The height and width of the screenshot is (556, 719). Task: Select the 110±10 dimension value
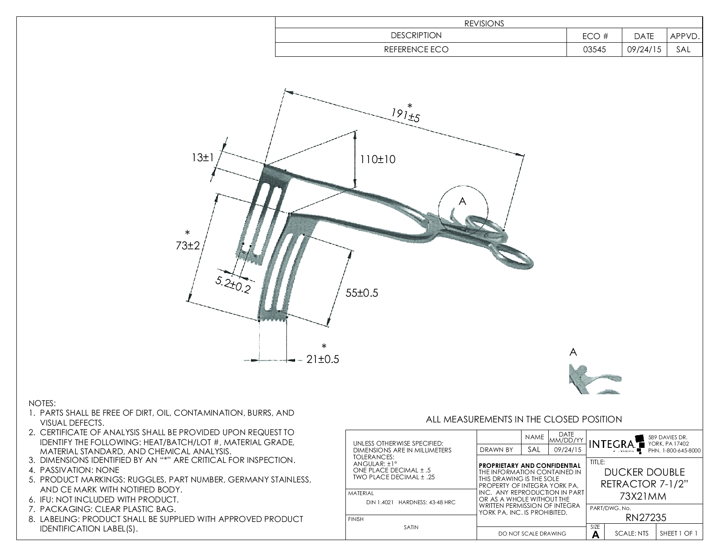[378, 159]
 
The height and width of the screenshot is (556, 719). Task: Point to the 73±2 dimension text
[188, 246]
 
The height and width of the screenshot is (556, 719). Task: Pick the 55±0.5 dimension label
[362, 293]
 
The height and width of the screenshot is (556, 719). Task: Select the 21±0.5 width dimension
[323, 359]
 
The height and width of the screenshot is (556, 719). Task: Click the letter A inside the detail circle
[462, 201]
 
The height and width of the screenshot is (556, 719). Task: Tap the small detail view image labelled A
[595, 378]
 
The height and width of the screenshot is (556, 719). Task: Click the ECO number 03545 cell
[594, 50]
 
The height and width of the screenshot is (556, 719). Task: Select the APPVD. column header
[685, 36]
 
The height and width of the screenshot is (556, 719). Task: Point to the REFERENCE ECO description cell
[416, 50]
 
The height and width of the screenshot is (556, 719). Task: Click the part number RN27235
[645, 517]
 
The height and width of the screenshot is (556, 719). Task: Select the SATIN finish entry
[411, 527]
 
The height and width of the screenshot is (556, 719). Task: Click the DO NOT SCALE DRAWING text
[532, 534]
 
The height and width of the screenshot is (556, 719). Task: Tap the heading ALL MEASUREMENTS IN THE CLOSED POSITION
[523, 419]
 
